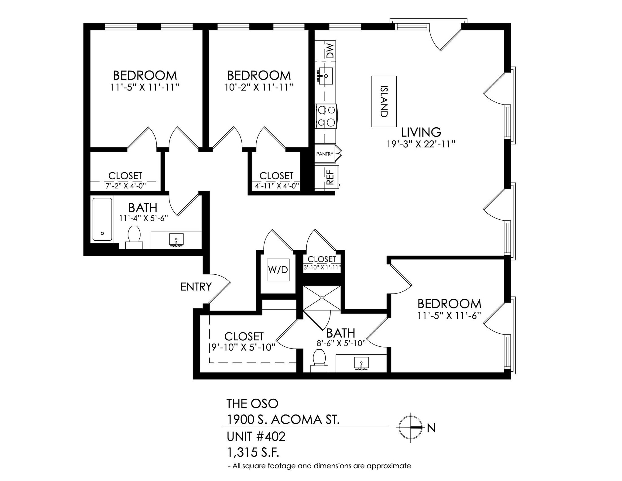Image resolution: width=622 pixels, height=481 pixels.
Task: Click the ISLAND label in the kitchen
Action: click(384, 101)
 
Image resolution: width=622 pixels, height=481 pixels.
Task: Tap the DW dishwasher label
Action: click(330, 51)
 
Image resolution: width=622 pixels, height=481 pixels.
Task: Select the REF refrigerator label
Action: click(330, 177)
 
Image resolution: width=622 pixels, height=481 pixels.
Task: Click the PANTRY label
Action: click(325, 154)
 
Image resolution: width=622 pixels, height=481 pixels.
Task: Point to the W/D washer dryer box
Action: click(278, 270)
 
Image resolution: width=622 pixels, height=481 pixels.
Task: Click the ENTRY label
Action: click(196, 287)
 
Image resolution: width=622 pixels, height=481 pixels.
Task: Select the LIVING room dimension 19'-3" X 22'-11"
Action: click(421, 144)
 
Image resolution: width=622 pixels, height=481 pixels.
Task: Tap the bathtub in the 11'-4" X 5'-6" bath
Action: click(102, 219)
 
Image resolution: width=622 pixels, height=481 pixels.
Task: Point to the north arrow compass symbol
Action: click(410, 427)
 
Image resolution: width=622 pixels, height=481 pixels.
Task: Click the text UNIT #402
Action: click(256, 437)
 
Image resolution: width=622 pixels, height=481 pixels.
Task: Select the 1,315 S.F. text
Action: click(253, 453)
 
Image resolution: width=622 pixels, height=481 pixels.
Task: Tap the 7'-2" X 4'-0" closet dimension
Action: click(126, 186)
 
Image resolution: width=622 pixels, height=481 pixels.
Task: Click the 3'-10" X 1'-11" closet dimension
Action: click(322, 268)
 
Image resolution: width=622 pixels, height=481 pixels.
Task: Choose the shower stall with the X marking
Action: click(322, 298)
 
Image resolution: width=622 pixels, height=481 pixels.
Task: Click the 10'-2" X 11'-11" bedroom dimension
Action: click(259, 88)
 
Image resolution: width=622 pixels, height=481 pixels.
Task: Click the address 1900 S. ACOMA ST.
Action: click(283, 420)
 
